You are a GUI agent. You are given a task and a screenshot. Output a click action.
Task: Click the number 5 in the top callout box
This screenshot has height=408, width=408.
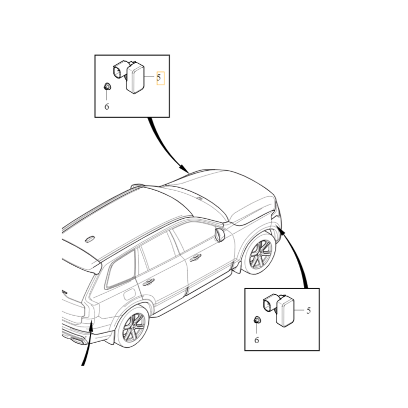pos(159,78)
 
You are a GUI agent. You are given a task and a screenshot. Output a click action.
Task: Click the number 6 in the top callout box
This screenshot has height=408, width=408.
pos(107,107)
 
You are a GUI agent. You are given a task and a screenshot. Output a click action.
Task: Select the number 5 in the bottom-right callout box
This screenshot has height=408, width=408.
pos(308,310)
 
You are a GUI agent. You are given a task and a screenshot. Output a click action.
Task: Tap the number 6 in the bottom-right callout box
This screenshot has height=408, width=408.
pos(257,340)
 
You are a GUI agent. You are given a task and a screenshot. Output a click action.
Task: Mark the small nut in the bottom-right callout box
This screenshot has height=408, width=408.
pos(257,320)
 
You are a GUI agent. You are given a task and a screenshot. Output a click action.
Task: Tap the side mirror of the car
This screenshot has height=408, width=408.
pos(220,235)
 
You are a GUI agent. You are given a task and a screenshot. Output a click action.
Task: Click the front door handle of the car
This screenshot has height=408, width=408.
pos(195,258)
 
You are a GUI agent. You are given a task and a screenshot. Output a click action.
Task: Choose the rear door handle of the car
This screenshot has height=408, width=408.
pos(149,282)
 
